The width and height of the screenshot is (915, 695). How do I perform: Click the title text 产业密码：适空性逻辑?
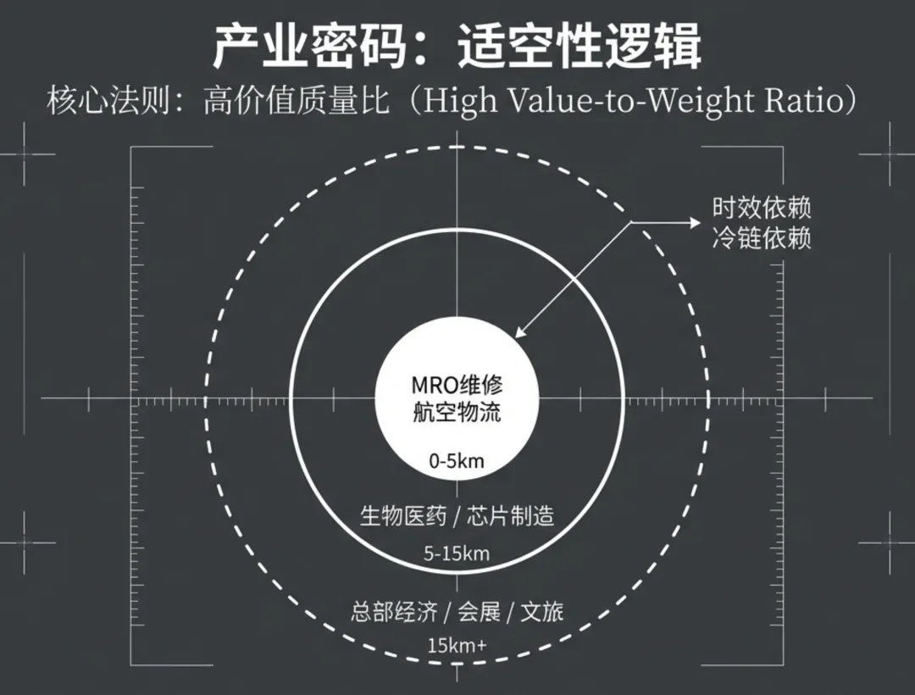(x=457, y=47)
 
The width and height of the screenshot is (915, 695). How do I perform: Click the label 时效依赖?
(x=761, y=208)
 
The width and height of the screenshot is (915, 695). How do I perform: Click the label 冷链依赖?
(x=761, y=238)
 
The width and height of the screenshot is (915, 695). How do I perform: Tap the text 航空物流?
(x=457, y=413)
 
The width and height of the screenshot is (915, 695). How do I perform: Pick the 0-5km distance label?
(x=457, y=462)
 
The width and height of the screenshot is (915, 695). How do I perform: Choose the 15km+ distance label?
(x=457, y=645)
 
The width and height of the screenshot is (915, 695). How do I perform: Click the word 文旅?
(x=541, y=612)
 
